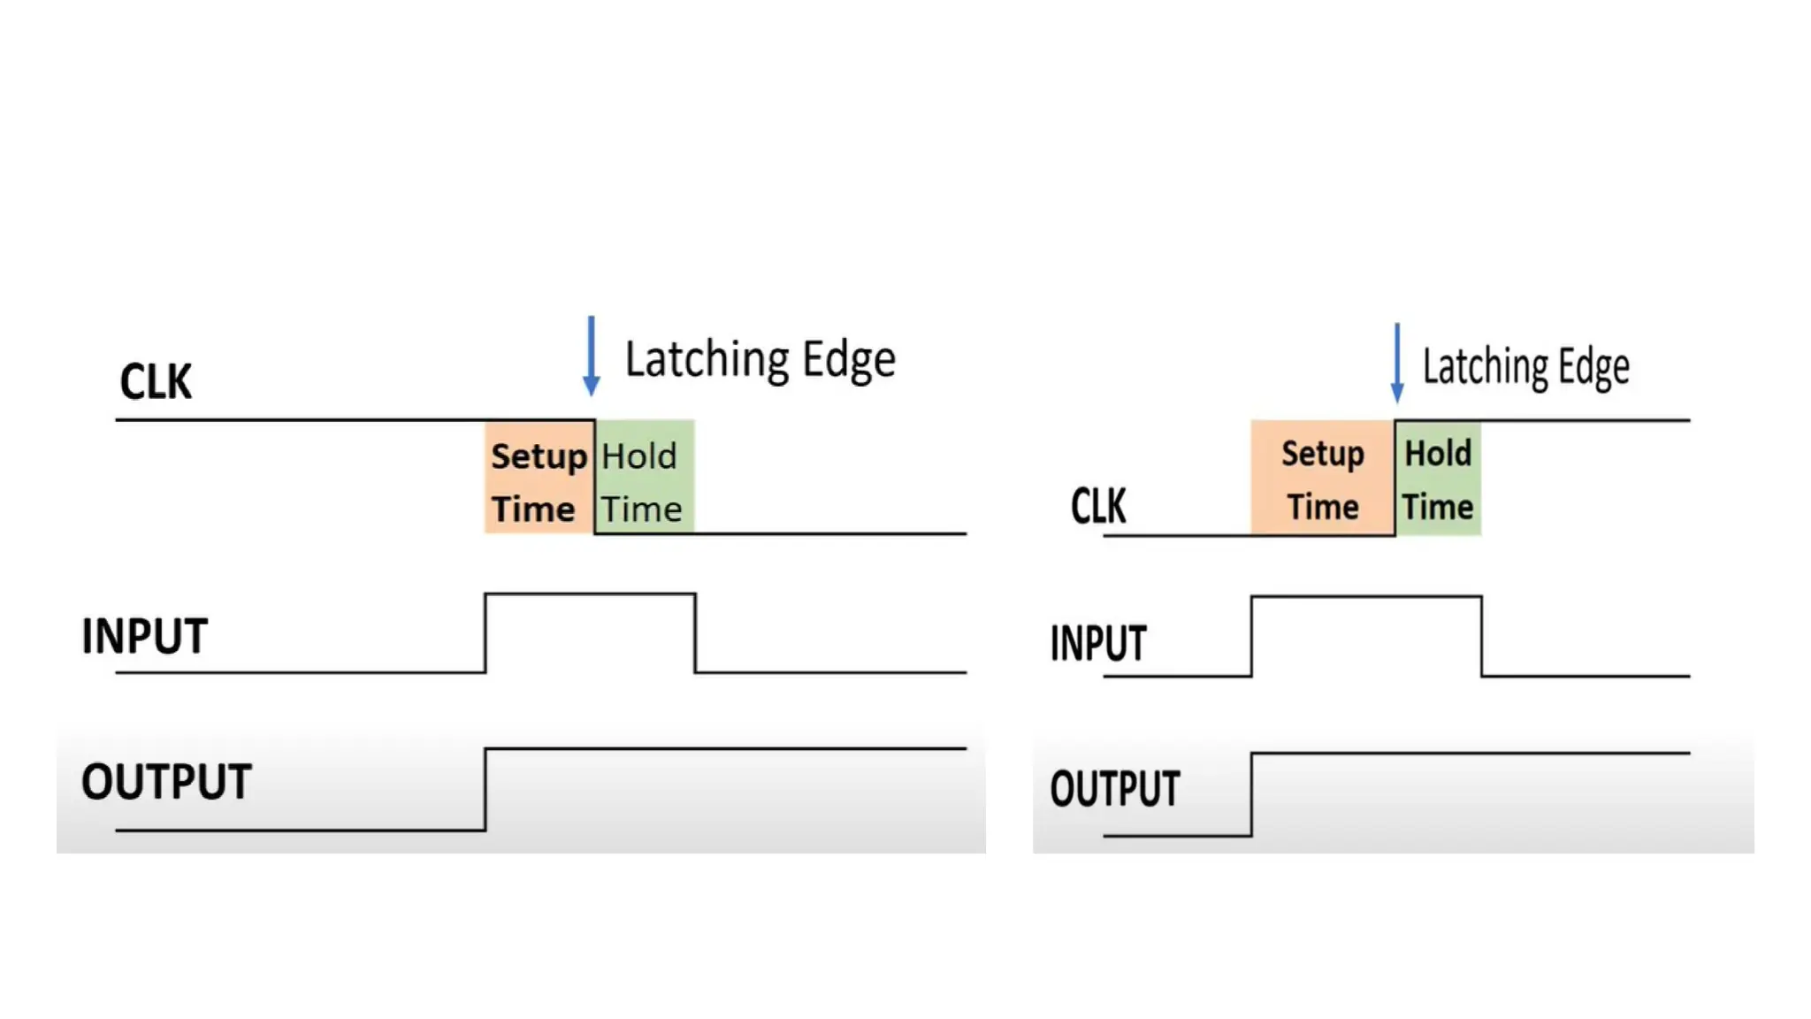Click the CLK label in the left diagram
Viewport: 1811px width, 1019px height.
point(156,382)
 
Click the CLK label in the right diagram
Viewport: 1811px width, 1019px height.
point(1098,506)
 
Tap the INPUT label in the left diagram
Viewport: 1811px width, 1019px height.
point(145,636)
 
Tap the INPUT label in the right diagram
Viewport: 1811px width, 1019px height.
point(1098,643)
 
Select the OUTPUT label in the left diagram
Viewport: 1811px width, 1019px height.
point(166,782)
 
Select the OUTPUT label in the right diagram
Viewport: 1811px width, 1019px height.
point(1115,789)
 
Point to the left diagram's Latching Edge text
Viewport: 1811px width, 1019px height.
point(760,360)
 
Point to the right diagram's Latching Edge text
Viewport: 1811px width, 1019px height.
point(1525,366)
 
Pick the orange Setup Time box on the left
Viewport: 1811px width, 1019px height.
point(539,478)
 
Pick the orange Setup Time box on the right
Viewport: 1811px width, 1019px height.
point(1322,479)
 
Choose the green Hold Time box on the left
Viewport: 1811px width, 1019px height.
point(645,478)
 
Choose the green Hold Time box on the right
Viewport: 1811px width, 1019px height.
point(1439,479)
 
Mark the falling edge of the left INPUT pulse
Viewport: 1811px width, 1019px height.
point(695,633)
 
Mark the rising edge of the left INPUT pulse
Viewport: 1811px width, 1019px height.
point(485,633)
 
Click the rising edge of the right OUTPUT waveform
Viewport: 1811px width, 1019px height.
point(1251,794)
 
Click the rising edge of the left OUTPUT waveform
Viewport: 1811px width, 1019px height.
point(485,790)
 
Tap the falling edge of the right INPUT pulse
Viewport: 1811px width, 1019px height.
point(1482,637)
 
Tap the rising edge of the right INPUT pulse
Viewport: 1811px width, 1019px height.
point(1251,637)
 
